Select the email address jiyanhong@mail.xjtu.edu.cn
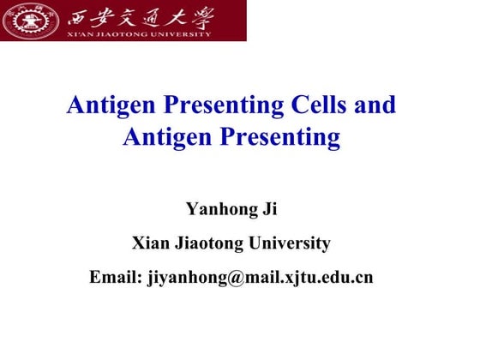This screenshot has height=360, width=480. point(261,278)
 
